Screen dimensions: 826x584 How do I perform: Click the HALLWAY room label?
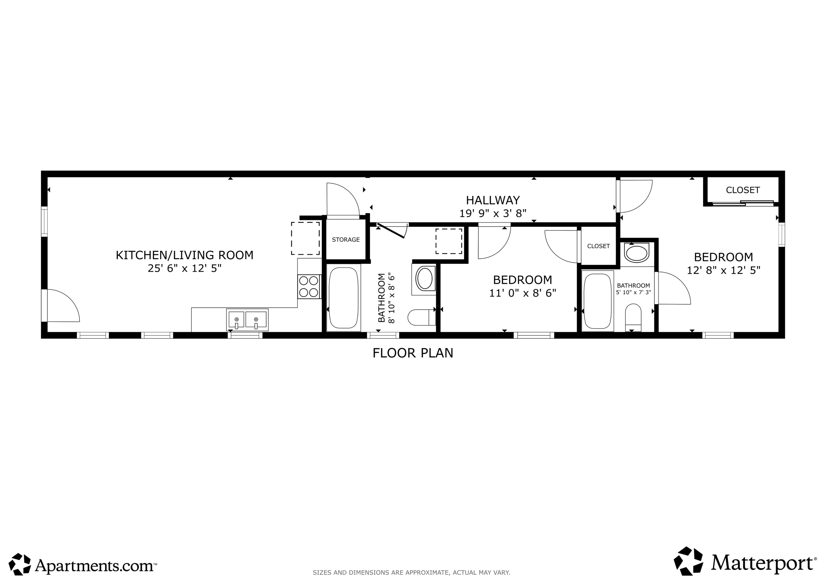click(x=493, y=200)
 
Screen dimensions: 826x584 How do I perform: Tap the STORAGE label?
click(x=346, y=240)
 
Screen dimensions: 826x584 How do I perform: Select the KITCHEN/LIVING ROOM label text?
click(x=185, y=255)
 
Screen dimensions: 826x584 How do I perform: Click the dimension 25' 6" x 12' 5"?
click(x=185, y=268)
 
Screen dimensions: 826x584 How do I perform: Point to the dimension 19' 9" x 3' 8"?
click(x=493, y=214)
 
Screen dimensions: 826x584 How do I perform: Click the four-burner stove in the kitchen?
click(x=309, y=287)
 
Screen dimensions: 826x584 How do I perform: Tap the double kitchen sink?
click(x=247, y=320)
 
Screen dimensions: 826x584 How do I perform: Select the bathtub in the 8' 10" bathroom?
click(x=344, y=298)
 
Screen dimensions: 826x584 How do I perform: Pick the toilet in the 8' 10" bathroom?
click(x=422, y=317)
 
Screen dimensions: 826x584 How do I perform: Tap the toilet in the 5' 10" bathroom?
click(x=633, y=318)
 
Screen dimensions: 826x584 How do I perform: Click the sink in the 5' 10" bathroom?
click(x=637, y=253)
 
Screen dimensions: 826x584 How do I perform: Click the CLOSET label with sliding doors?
click(x=743, y=190)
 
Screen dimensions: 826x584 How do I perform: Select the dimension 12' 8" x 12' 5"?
click(x=724, y=270)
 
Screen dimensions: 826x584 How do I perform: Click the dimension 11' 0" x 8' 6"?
click(x=523, y=293)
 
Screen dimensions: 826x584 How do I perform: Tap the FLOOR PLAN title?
click(x=413, y=353)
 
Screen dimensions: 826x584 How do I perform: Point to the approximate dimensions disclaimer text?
click(x=411, y=572)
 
